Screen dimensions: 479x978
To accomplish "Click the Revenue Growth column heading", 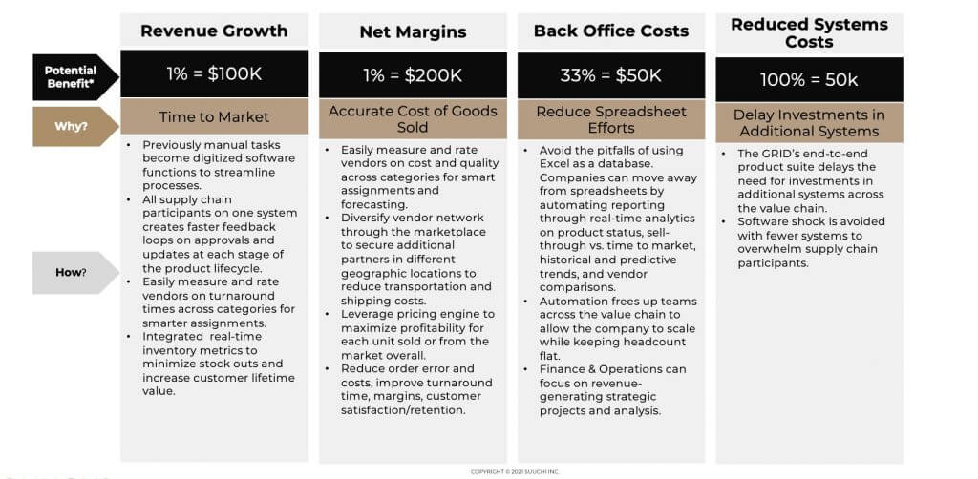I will [x=214, y=31].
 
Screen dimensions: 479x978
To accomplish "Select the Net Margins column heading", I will [x=413, y=31].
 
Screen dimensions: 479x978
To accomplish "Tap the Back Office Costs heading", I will [x=611, y=31].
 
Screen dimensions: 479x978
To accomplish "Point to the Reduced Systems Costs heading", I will [x=809, y=33].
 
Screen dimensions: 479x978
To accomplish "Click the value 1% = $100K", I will [x=214, y=74].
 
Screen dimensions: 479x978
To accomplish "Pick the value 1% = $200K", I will [x=413, y=74].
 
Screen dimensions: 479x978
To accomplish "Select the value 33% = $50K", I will [x=611, y=74].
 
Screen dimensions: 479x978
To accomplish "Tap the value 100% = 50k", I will [x=809, y=80].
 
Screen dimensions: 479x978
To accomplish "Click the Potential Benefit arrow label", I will [x=71, y=77].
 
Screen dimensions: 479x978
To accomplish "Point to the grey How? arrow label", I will [x=71, y=272].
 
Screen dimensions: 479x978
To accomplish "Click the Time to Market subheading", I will [x=214, y=117].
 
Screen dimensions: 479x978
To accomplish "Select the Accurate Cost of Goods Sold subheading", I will [x=413, y=119].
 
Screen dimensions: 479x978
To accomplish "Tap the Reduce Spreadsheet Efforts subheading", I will [x=611, y=119].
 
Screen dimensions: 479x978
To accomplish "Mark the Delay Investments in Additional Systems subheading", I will [x=809, y=123].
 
